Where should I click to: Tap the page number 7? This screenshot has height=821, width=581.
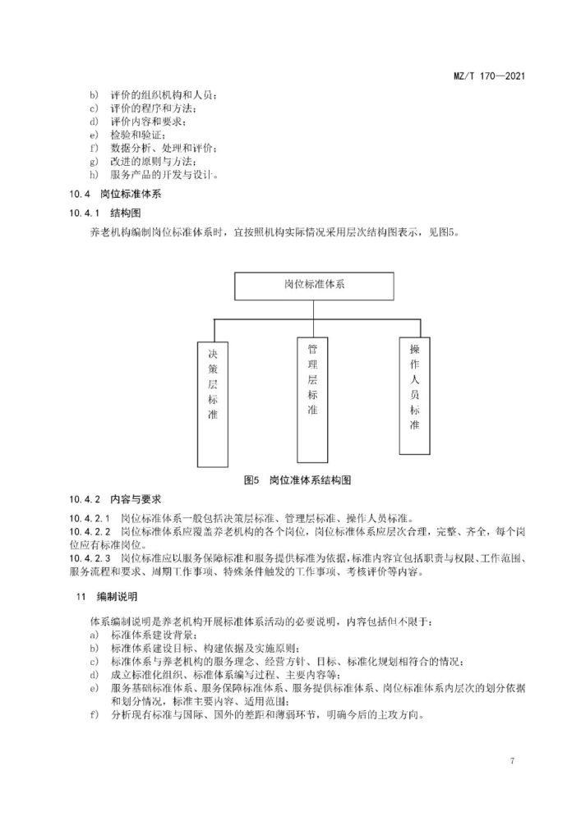coord(512,761)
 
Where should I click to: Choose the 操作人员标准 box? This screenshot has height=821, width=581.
coord(414,395)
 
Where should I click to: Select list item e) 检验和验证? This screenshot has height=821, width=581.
coord(132,135)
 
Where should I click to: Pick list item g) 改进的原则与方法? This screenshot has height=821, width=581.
coord(147,161)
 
